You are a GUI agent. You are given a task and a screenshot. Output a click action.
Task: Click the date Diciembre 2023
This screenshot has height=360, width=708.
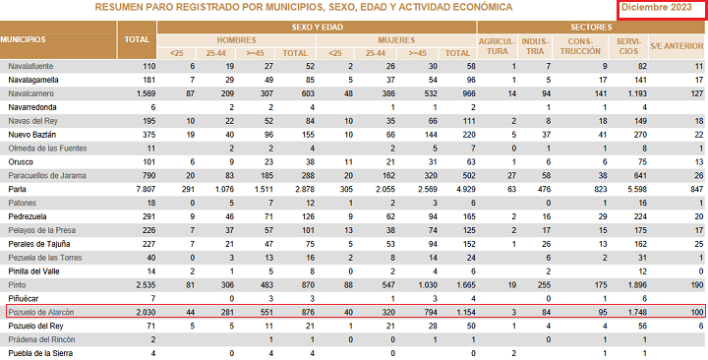[x=656, y=7]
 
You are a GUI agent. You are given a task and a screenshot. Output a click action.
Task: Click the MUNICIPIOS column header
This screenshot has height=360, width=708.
[x=23, y=39]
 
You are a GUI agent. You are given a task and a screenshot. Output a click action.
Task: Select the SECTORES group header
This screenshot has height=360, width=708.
[x=591, y=28]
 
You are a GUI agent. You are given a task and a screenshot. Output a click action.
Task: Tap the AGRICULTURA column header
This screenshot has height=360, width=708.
[x=498, y=46]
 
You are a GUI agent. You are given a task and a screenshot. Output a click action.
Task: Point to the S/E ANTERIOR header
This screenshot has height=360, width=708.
[x=677, y=46]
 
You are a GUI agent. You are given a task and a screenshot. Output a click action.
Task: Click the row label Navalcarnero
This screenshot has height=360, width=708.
[x=30, y=93]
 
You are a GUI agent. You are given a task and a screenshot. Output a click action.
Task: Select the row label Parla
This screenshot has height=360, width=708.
[x=17, y=189]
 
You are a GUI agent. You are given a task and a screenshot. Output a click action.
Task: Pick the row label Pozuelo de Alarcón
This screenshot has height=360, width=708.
[x=41, y=312]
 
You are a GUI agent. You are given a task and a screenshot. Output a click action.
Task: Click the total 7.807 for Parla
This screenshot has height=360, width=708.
[x=146, y=189]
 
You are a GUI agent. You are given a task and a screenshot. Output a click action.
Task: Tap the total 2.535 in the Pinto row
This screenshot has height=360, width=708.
[x=146, y=285]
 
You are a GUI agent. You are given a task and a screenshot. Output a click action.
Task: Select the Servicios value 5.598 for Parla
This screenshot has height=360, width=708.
[x=637, y=189]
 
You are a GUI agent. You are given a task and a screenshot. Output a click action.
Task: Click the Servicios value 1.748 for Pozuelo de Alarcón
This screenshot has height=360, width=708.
[x=637, y=312]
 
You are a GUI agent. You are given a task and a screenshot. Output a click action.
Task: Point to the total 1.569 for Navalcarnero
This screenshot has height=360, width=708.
[x=146, y=93]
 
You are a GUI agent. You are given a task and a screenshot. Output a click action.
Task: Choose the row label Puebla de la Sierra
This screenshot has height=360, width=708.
[x=40, y=353]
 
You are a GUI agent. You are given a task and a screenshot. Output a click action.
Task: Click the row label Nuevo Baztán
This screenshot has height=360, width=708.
[x=32, y=135]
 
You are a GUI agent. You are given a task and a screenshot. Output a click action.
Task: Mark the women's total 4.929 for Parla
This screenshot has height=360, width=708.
[x=466, y=189]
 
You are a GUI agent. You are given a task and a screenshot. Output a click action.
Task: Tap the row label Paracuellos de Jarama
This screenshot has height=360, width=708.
[x=47, y=176]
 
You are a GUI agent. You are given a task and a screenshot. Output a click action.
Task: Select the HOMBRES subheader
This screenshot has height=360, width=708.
[x=237, y=40]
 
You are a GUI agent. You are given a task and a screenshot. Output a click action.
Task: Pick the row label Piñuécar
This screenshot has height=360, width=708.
[x=24, y=299]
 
